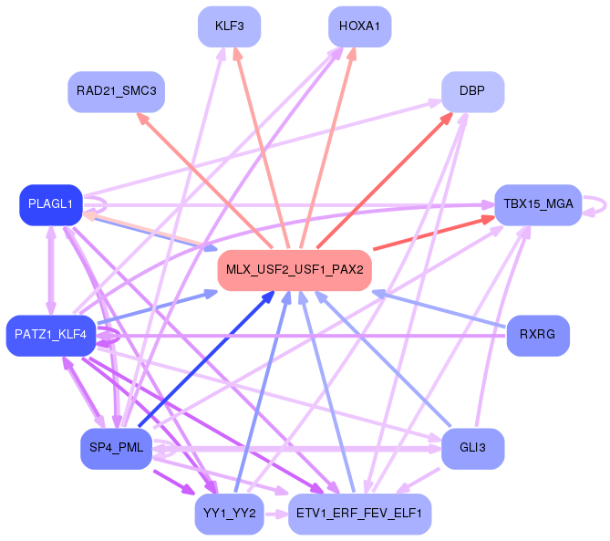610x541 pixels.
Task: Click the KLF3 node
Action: (229, 26)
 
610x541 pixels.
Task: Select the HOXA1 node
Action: (359, 26)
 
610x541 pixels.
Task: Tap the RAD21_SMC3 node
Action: (117, 92)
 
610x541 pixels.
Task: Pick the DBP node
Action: (472, 92)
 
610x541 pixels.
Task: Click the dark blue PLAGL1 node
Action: (51, 204)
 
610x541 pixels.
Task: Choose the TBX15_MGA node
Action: (538, 204)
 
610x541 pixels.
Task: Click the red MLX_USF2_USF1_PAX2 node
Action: (295, 270)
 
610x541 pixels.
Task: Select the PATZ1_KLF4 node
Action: (51, 336)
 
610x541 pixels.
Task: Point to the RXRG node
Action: (538, 336)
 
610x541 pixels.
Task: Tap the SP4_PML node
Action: (117, 449)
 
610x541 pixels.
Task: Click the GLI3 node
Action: (472, 449)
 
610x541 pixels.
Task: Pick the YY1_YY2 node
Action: (229, 515)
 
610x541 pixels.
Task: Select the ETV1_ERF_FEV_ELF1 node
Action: (359, 515)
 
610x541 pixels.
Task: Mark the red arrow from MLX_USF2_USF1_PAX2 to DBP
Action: (385, 180)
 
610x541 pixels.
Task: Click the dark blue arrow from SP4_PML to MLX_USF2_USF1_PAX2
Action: (207, 359)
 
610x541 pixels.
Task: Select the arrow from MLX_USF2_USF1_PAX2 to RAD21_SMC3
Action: (204, 181)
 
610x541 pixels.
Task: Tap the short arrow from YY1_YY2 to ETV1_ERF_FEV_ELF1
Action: (276, 515)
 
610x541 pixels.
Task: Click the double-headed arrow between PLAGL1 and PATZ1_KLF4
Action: (51, 270)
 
